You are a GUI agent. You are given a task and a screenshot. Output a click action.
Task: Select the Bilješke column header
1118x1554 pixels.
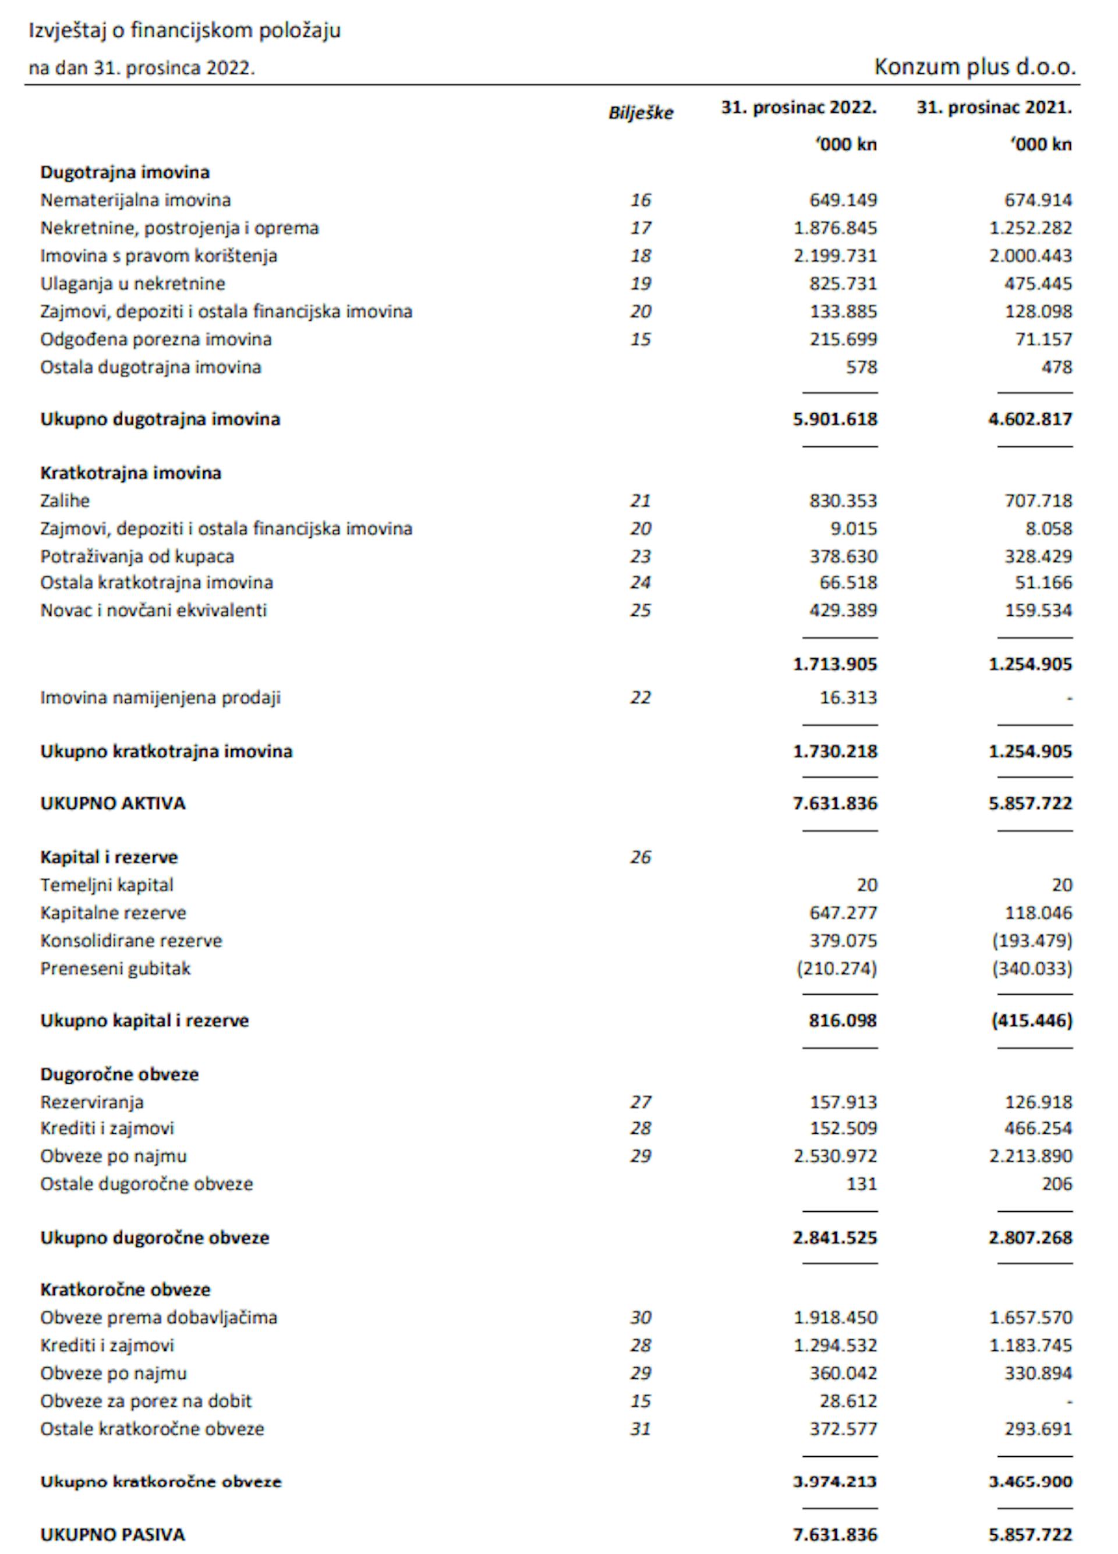640,113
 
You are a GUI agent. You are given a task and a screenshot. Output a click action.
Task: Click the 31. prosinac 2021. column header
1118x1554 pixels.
994,108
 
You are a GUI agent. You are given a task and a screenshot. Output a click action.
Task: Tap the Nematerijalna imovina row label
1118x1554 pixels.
135,200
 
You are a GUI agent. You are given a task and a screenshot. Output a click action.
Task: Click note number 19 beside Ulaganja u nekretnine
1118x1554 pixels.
640,283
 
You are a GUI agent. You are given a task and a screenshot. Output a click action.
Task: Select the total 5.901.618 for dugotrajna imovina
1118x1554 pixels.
834,418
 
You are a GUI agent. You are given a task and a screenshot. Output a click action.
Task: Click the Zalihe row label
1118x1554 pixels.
65,501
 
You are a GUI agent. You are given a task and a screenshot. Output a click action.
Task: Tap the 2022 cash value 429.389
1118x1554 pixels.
843,610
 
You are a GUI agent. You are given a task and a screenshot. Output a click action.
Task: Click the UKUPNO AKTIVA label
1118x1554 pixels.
112,803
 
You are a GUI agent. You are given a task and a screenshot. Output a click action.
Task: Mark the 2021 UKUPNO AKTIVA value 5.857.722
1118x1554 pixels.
1029,803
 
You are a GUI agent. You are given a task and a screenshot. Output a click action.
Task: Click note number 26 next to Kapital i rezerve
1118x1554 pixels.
640,857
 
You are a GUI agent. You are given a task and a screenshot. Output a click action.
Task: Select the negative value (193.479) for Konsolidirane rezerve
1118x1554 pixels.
1032,940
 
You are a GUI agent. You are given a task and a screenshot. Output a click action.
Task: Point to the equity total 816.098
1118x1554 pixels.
843,1020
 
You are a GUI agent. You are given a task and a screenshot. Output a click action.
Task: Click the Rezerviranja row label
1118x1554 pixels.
92,1102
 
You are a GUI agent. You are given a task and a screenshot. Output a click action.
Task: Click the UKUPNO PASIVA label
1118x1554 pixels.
112,1534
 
